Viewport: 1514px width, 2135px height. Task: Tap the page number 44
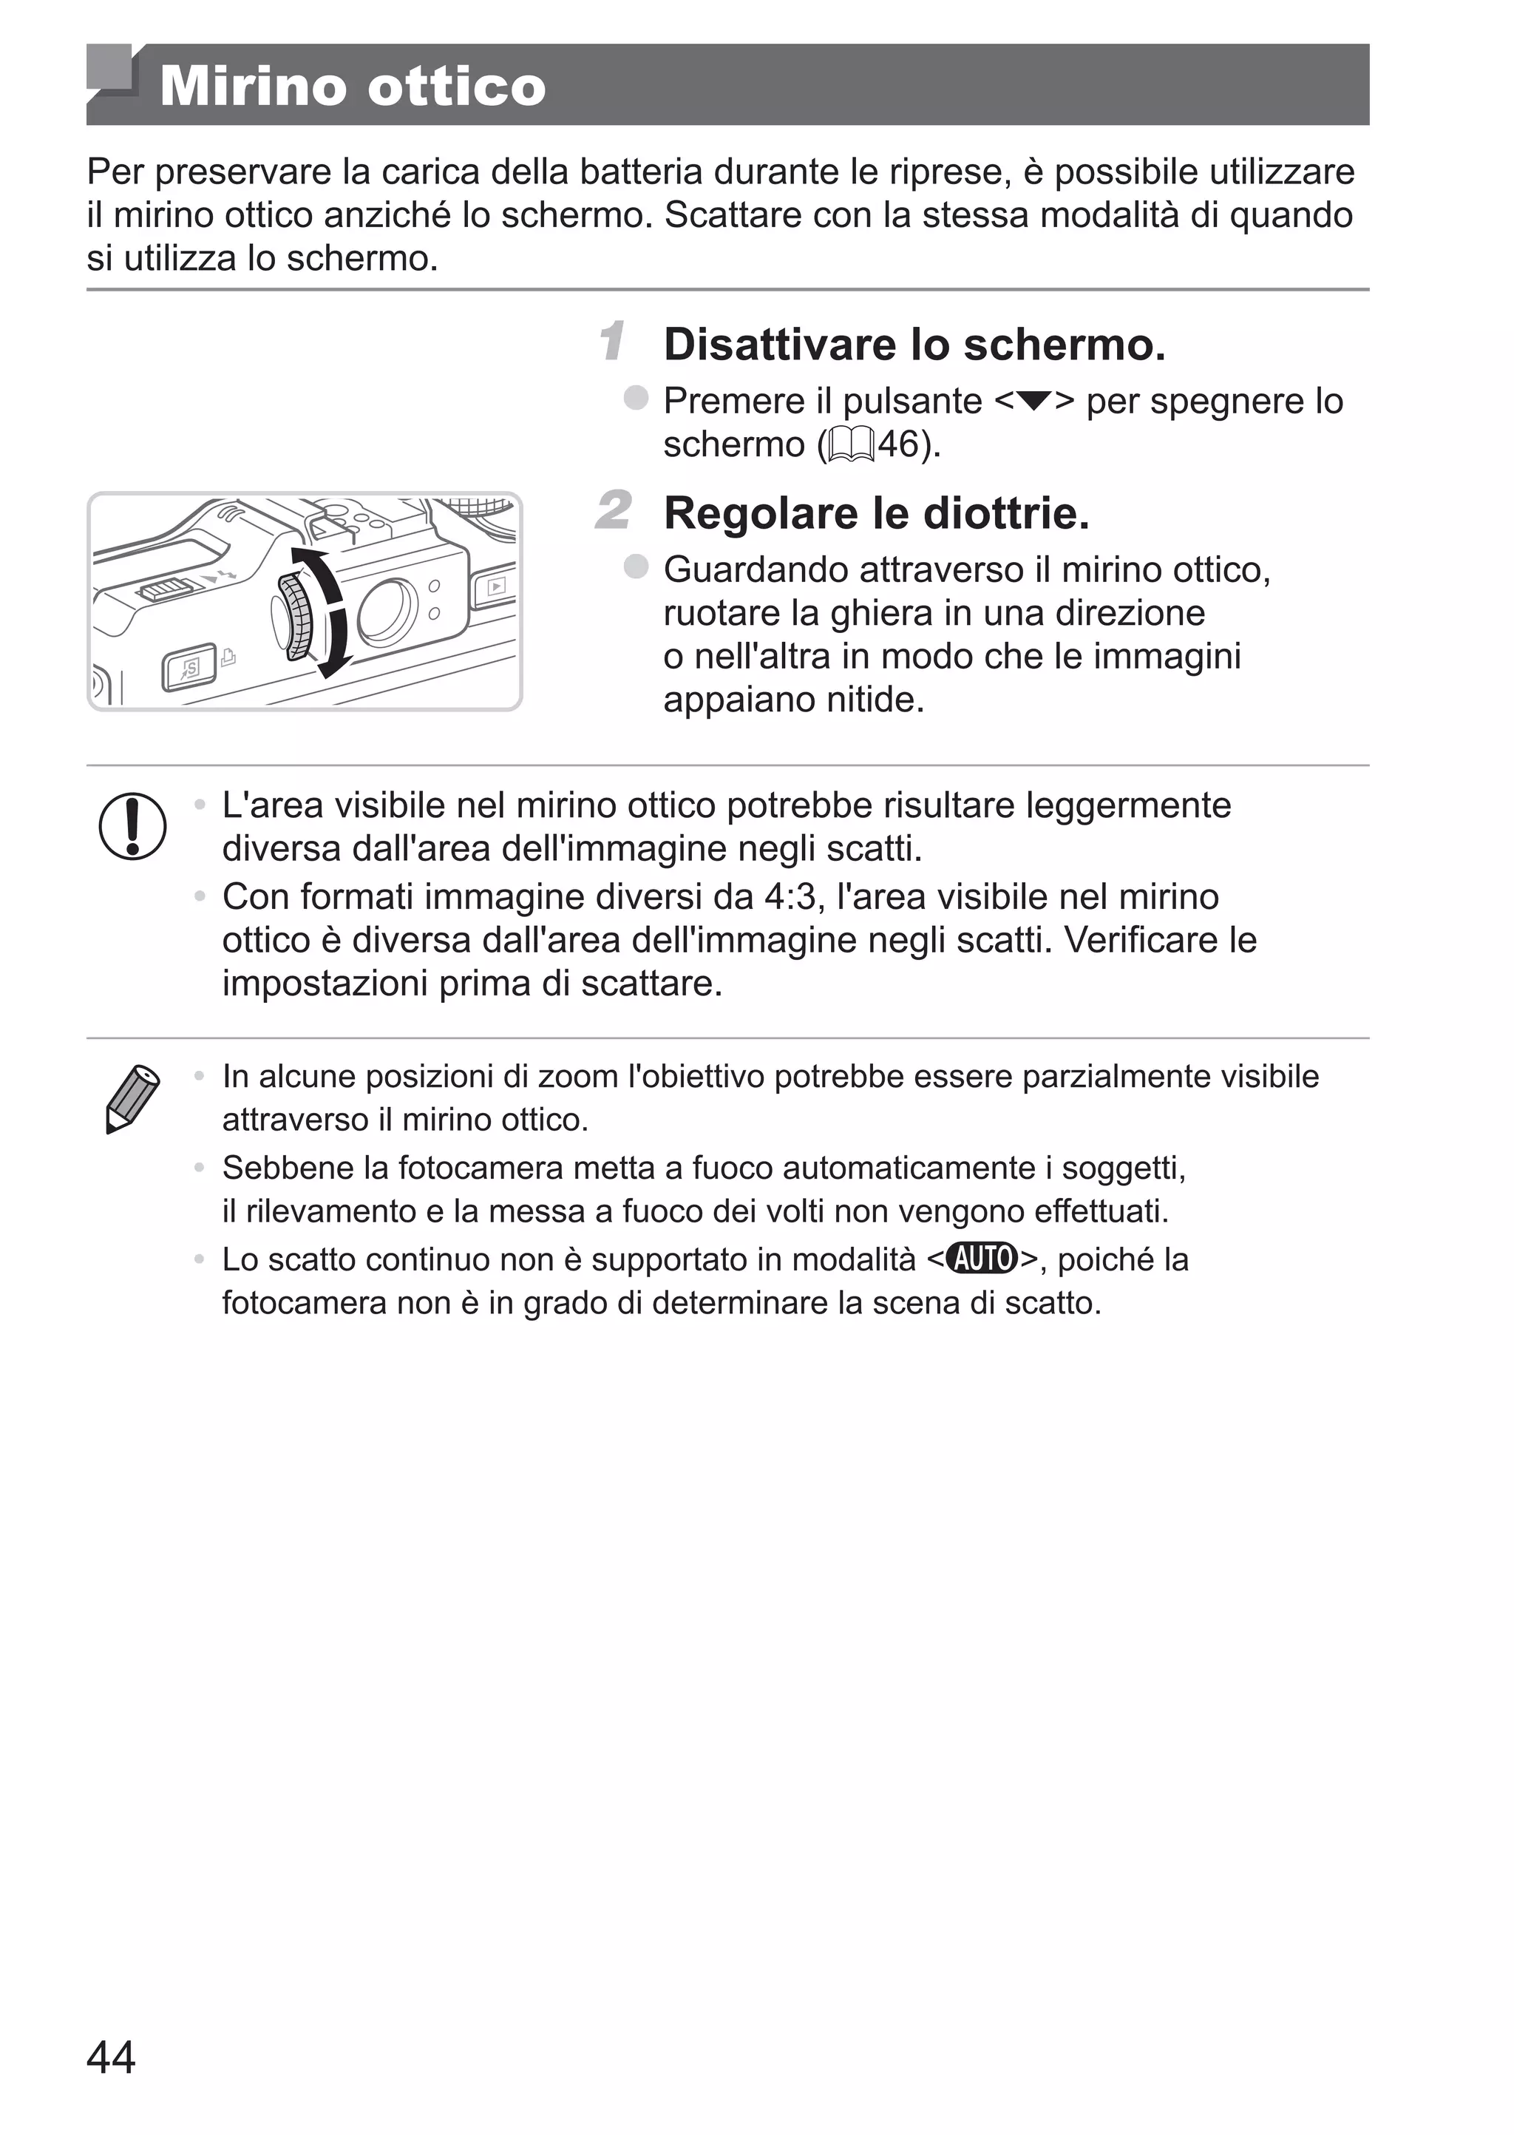[111, 2056]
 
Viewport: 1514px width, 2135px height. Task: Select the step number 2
[614, 511]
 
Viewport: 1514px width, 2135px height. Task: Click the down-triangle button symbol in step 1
[1034, 402]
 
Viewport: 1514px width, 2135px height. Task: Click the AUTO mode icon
[982, 1259]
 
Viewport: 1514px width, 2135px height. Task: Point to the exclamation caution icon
[132, 826]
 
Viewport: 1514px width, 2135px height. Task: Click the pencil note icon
[132, 1098]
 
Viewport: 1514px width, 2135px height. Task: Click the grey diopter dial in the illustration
[296, 615]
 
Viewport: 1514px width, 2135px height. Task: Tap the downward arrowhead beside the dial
[333, 666]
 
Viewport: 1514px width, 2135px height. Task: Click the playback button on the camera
[496, 586]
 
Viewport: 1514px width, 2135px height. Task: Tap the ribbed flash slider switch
[164, 589]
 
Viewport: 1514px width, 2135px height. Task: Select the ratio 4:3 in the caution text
[789, 897]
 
